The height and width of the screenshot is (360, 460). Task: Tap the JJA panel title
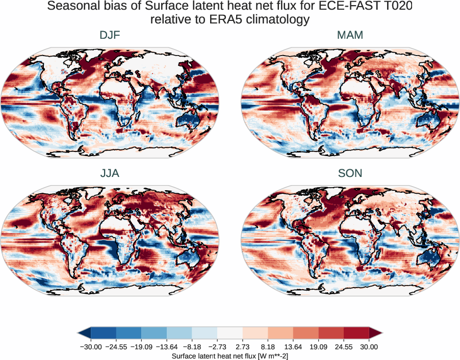click(x=110, y=173)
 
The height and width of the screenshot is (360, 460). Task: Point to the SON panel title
click(x=350, y=173)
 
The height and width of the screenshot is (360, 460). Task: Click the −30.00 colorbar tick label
click(x=91, y=347)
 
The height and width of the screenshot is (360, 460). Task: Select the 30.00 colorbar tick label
click(x=369, y=347)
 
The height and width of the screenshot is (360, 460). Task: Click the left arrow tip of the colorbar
click(x=79, y=333)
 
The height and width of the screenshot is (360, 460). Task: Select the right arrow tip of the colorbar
click(x=382, y=333)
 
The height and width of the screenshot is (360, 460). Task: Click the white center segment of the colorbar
click(x=230, y=333)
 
